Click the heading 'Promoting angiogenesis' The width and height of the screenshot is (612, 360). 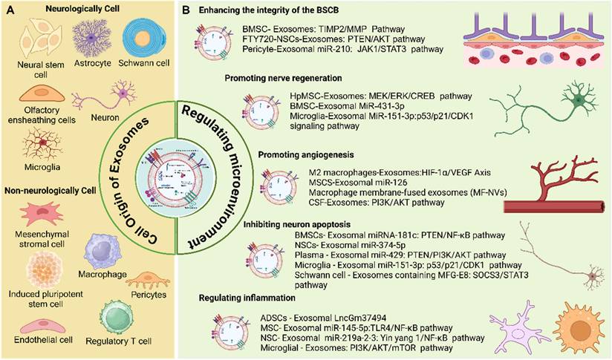point(304,154)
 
